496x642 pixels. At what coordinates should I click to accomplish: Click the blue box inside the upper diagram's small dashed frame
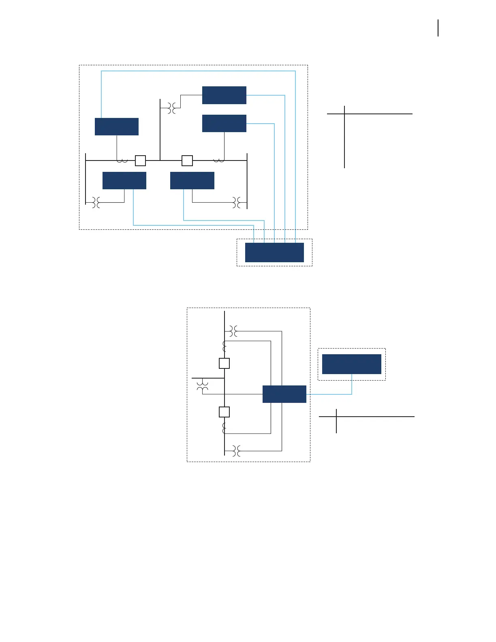(274, 253)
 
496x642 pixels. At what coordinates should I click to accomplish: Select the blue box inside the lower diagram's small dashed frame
(351, 364)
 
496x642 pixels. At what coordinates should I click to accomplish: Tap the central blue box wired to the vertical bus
(284, 394)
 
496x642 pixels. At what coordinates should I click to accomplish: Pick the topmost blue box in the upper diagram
(224, 95)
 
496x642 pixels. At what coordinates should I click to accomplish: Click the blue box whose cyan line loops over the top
(117, 126)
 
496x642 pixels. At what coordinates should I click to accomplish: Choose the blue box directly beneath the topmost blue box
(224, 123)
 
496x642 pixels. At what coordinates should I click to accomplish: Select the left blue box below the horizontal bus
(124, 180)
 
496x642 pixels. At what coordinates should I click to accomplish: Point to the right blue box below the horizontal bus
(192, 180)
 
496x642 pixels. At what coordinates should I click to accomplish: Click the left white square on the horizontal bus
(140, 160)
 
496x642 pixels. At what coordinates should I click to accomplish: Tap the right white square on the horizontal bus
(187, 160)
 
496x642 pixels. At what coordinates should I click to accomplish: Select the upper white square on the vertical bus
(224, 363)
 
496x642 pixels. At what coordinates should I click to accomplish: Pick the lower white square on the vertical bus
(224, 412)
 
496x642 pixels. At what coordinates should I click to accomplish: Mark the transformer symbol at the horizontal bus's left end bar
(96, 202)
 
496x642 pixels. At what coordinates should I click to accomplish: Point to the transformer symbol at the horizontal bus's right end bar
(237, 202)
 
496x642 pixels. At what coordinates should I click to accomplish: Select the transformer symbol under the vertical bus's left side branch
(203, 386)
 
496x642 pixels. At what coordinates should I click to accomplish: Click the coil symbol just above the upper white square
(224, 346)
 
